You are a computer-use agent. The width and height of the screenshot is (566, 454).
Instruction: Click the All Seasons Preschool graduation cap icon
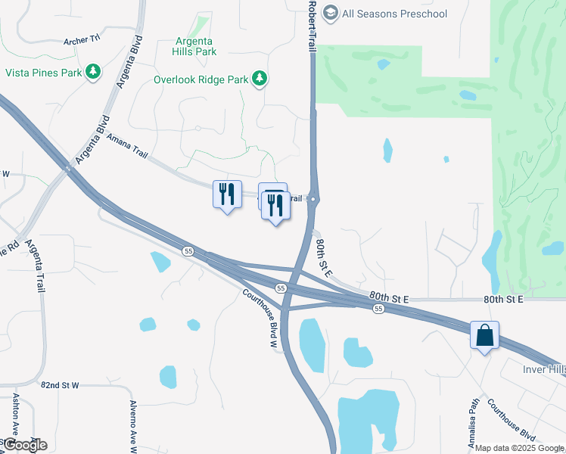click(x=330, y=14)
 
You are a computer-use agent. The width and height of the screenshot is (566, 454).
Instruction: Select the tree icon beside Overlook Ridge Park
click(x=260, y=78)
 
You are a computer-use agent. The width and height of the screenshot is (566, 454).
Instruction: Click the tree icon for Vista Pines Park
click(x=93, y=72)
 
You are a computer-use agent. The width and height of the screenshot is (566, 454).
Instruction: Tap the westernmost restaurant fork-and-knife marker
click(x=227, y=194)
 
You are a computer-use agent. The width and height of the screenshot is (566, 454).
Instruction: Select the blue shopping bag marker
click(x=484, y=335)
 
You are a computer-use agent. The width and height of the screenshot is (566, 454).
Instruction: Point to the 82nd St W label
click(x=61, y=385)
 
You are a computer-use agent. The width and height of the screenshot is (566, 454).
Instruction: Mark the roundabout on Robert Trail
click(x=314, y=200)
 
